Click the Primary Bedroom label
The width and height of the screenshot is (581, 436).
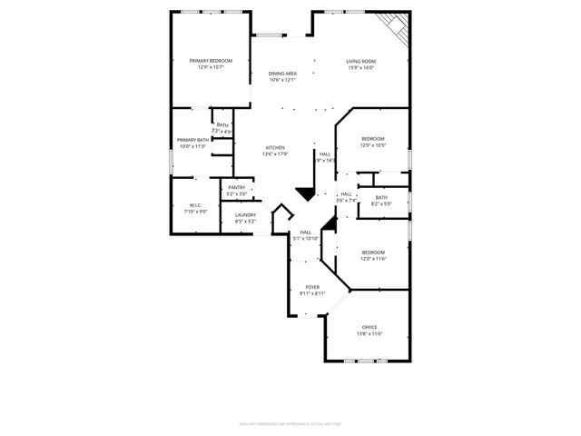pos(211,61)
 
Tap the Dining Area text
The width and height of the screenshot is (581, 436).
pos(282,74)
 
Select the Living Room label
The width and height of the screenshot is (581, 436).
pos(360,62)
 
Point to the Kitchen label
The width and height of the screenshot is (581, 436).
pos(275,147)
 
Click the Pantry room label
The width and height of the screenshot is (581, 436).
pos(236,187)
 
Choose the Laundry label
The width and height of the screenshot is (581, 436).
pos(245,215)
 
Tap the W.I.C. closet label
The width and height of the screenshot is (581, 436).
pos(195,205)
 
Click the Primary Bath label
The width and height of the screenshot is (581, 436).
pos(192,140)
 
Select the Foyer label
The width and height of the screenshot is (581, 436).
pos(312,287)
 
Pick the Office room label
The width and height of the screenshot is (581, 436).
pos(369,327)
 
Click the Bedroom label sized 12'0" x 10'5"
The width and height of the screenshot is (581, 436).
pos(373,139)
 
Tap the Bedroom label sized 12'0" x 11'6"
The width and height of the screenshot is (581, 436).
pos(373,253)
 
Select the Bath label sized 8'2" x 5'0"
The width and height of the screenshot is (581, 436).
pos(381,198)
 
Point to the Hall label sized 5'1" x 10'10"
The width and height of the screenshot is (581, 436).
pos(307,232)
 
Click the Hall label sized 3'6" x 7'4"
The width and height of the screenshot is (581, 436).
pos(346,193)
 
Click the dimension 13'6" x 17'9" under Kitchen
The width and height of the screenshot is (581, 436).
pos(275,154)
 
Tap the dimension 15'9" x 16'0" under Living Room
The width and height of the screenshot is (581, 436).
pos(360,68)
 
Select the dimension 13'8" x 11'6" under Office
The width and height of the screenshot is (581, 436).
pos(369,333)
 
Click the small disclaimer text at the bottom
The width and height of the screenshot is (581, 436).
pos(290,422)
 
